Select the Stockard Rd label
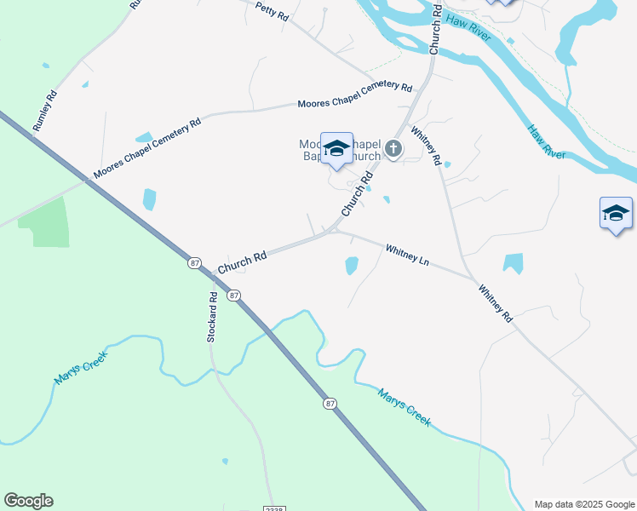pyautogui.click(x=213, y=317)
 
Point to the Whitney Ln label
pyautogui.click(x=407, y=254)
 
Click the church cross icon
pyautogui.click(x=393, y=149)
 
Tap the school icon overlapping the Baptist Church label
pyautogui.click(x=336, y=149)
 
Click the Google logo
pyautogui.click(x=28, y=501)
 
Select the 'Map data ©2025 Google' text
pyautogui.click(x=584, y=504)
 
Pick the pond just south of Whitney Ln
pyautogui.click(x=352, y=266)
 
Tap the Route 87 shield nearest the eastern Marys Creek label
pyautogui.click(x=330, y=403)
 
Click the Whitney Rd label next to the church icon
pyautogui.click(x=426, y=145)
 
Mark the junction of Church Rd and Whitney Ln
pyautogui.click(x=335, y=229)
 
